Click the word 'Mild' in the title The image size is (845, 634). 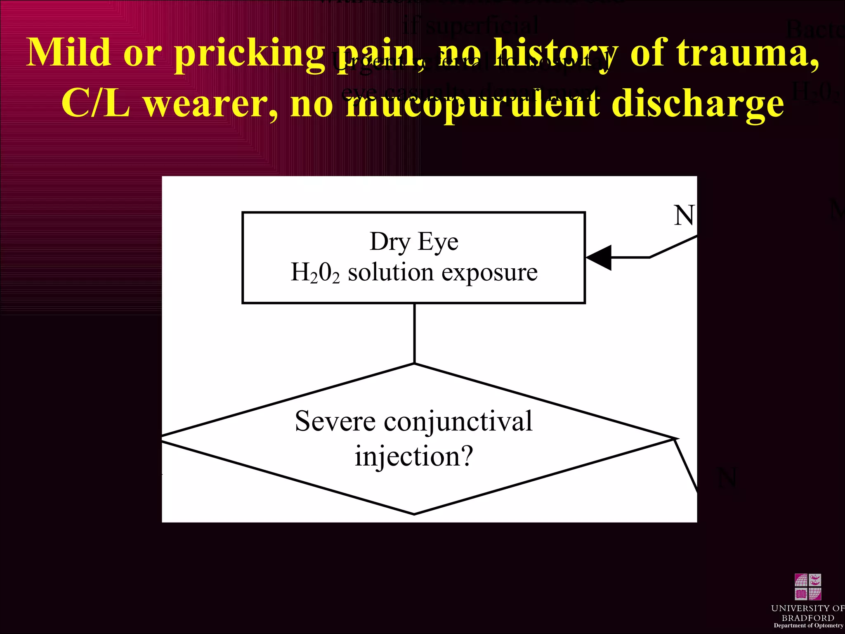(x=68, y=52)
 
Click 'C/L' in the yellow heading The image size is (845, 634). (x=96, y=103)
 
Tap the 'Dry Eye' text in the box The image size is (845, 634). (x=414, y=241)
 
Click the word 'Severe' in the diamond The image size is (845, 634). (x=335, y=422)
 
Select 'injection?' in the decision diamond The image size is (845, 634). (x=414, y=457)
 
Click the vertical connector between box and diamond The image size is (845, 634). (x=414, y=334)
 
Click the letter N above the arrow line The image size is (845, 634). (x=683, y=215)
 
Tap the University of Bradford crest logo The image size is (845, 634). (x=807, y=587)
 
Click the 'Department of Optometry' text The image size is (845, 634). (x=808, y=625)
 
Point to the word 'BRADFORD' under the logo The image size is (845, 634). (x=808, y=618)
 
